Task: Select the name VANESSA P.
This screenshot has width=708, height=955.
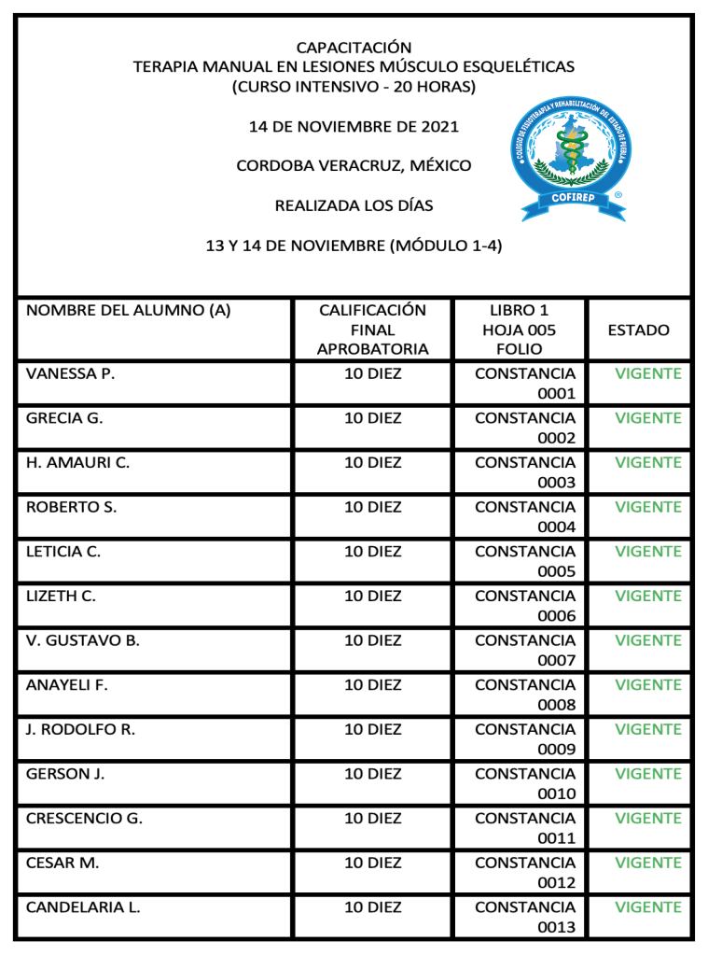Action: (70, 373)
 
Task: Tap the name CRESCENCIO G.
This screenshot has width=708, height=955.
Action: (84, 819)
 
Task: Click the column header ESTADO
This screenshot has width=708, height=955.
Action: (639, 330)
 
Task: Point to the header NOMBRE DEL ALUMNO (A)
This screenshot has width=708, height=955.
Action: (129, 310)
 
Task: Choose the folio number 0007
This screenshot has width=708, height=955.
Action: (556, 660)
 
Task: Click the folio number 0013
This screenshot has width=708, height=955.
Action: (556, 927)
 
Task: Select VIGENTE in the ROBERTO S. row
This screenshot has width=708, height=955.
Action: (648, 507)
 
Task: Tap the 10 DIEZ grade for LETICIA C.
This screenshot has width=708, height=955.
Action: (373, 552)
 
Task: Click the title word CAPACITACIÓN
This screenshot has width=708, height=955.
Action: (354, 47)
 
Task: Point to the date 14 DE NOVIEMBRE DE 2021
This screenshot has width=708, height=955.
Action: (354, 126)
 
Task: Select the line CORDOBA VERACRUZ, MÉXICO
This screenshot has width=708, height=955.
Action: (354, 165)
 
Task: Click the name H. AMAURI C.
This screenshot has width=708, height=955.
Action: (77, 463)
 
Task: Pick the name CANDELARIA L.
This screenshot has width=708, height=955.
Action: (83, 907)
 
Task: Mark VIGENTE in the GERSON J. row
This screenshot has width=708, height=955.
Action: (648, 774)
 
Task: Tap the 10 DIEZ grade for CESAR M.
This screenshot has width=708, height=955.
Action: (373, 863)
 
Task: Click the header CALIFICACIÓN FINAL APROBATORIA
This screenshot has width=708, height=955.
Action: (372, 330)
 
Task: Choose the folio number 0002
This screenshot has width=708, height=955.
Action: (556, 438)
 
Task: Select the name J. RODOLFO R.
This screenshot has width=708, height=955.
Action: (80, 730)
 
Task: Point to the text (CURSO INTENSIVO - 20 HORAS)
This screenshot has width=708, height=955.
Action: (354, 87)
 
